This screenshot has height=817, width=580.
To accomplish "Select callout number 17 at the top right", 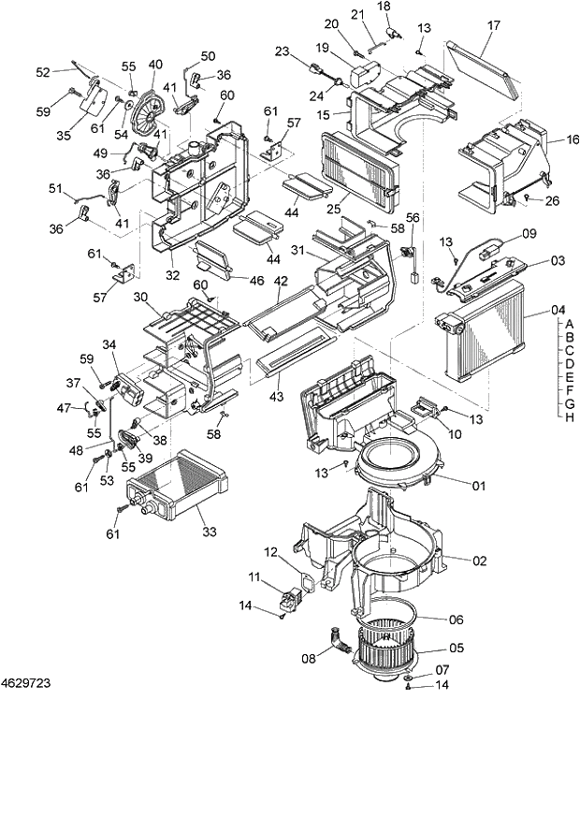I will [494, 26].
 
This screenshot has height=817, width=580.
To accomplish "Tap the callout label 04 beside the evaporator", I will [559, 310].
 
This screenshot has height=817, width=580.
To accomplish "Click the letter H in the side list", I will [569, 417].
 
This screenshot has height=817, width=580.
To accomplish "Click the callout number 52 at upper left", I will [43, 72].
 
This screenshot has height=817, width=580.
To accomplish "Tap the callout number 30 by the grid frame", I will [140, 297].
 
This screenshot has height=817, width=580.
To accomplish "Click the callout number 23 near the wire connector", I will [283, 52].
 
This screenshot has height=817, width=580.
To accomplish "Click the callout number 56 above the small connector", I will [413, 217].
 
